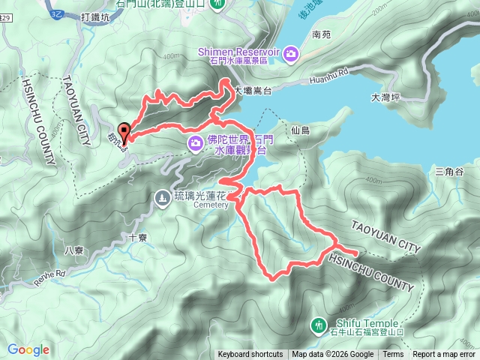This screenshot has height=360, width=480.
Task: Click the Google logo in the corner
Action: click(28, 349)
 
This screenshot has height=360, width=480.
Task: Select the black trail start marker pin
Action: click(124, 129)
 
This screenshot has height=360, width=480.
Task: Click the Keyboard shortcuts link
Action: click(250, 355)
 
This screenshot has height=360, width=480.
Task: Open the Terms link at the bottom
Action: click(393, 355)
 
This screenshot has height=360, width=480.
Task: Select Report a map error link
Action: click(443, 355)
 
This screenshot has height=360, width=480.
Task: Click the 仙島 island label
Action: click(299, 130)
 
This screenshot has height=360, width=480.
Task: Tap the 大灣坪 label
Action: click(386, 97)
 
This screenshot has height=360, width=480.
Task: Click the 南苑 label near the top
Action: click(321, 34)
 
